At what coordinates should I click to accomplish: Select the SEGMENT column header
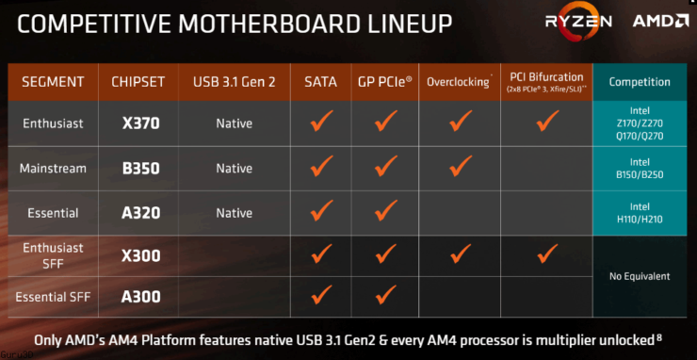click(x=53, y=81)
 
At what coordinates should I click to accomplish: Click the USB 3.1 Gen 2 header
click(x=234, y=81)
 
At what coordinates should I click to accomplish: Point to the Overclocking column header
click(x=459, y=82)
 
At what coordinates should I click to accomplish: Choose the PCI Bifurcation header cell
click(x=546, y=81)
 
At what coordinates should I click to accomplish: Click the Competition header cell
click(x=640, y=82)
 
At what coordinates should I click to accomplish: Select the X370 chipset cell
click(x=139, y=123)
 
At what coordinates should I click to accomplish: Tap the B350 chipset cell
click(x=139, y=168)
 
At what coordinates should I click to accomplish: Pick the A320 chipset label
click(x=139, y=213)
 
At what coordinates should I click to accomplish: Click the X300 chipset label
click(x=139, y=255)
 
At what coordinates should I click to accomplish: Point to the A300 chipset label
click(x=139, y=297)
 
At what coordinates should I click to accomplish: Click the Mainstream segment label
click(x=53, y=168)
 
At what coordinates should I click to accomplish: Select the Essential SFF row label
click(x=53, y=297)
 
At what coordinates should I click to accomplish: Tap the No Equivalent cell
click(x=640, y=276)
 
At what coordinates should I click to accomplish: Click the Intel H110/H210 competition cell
click(x=640, y=213)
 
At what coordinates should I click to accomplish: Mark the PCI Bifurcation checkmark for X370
click(x=545, y=123)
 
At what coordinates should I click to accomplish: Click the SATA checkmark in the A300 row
click(x=322, y=296)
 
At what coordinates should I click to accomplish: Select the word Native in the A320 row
click(x=234, y=213)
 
